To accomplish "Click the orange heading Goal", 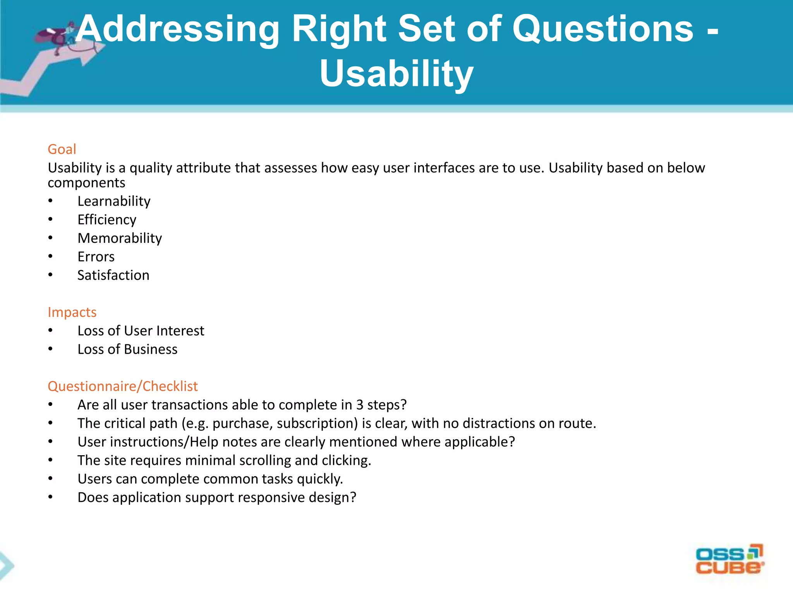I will [62, 149].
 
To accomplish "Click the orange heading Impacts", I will [72, 312].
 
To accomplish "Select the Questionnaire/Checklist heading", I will [122, 386].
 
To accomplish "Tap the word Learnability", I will [114, 201].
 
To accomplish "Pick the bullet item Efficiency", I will [107, 220].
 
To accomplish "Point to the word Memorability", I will [120, 238].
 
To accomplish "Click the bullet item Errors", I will [96, 257].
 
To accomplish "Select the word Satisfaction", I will [113, 275].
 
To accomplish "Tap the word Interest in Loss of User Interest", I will [180, 331].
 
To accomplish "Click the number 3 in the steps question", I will [360, 405].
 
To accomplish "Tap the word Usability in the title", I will [396, 74].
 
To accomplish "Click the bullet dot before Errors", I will [50, 256].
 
